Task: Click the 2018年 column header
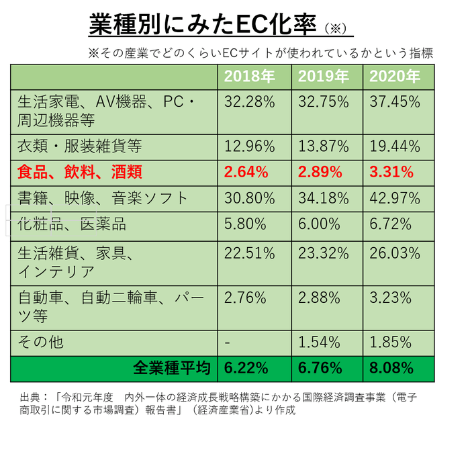point(250,76)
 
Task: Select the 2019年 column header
point(323,76)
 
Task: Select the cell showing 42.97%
point(395,198)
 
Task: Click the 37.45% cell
point(395,102)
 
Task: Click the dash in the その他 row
point(228,342)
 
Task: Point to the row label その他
point(40,342)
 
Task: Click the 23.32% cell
point(323,253)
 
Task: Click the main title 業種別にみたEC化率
point(202,25)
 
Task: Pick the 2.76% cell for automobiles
point(246,297)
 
